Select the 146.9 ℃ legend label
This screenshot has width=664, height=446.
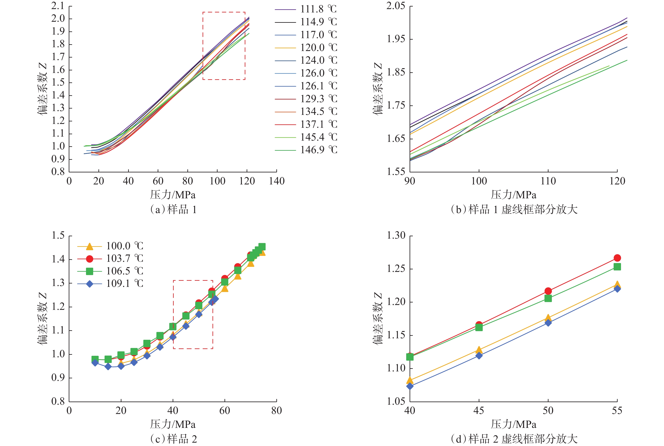[x=319, y=150]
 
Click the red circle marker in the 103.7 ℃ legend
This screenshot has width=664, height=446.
[x=90, y=259]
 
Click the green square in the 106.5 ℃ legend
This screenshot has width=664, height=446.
[x=90, y=271]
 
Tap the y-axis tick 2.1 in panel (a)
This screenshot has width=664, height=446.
[x=58, y=6]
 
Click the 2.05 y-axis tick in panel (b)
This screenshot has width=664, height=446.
[x=395, y=6]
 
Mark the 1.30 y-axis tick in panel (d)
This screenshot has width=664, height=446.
[x=395, y=235]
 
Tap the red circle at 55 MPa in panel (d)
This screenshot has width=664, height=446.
[x=617, y=258]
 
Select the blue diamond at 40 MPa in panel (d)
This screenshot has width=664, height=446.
[x=410, y=386]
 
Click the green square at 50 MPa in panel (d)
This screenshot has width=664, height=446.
[x=548, y=298]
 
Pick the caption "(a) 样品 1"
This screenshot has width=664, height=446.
[x=173, y=210]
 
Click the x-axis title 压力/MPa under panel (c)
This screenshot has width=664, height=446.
[x=173, y=424]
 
